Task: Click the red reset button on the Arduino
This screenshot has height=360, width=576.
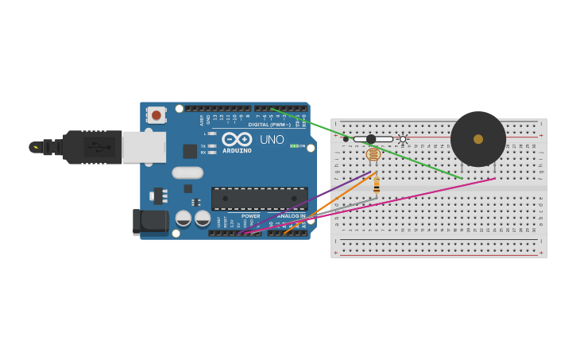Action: tap(156, 115)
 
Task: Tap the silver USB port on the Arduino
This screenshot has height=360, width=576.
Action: tap(144, 147)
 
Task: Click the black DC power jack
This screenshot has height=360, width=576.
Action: tap(151, 223)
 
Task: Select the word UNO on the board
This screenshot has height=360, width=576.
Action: tap(272, 140)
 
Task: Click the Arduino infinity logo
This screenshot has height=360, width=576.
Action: tap(237, 139)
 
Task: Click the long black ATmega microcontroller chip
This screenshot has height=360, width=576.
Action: tap(259, 199)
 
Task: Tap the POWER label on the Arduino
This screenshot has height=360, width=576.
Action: tap(250, 216)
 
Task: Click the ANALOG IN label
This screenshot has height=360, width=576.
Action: tap(291, 216)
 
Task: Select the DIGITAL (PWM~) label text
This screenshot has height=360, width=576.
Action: tap(269, 125)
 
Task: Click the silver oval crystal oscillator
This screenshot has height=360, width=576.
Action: tap(187, 172)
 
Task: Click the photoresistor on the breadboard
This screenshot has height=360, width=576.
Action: tap(373, 155)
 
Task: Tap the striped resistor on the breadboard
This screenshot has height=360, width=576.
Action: tap(377, 186)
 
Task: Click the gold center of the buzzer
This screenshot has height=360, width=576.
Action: tap(478, 139)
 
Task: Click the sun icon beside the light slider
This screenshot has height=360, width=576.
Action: tap(403, 139)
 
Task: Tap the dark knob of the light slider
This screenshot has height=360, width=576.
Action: tap(371, 139)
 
